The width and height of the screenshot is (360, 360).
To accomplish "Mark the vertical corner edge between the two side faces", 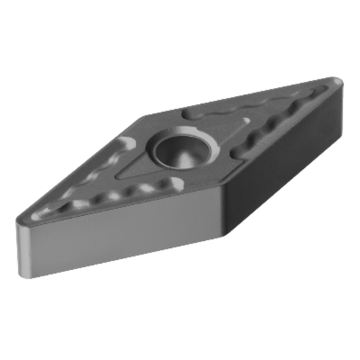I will click(224, 210).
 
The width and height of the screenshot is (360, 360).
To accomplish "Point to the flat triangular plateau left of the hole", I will click(137, 164).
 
